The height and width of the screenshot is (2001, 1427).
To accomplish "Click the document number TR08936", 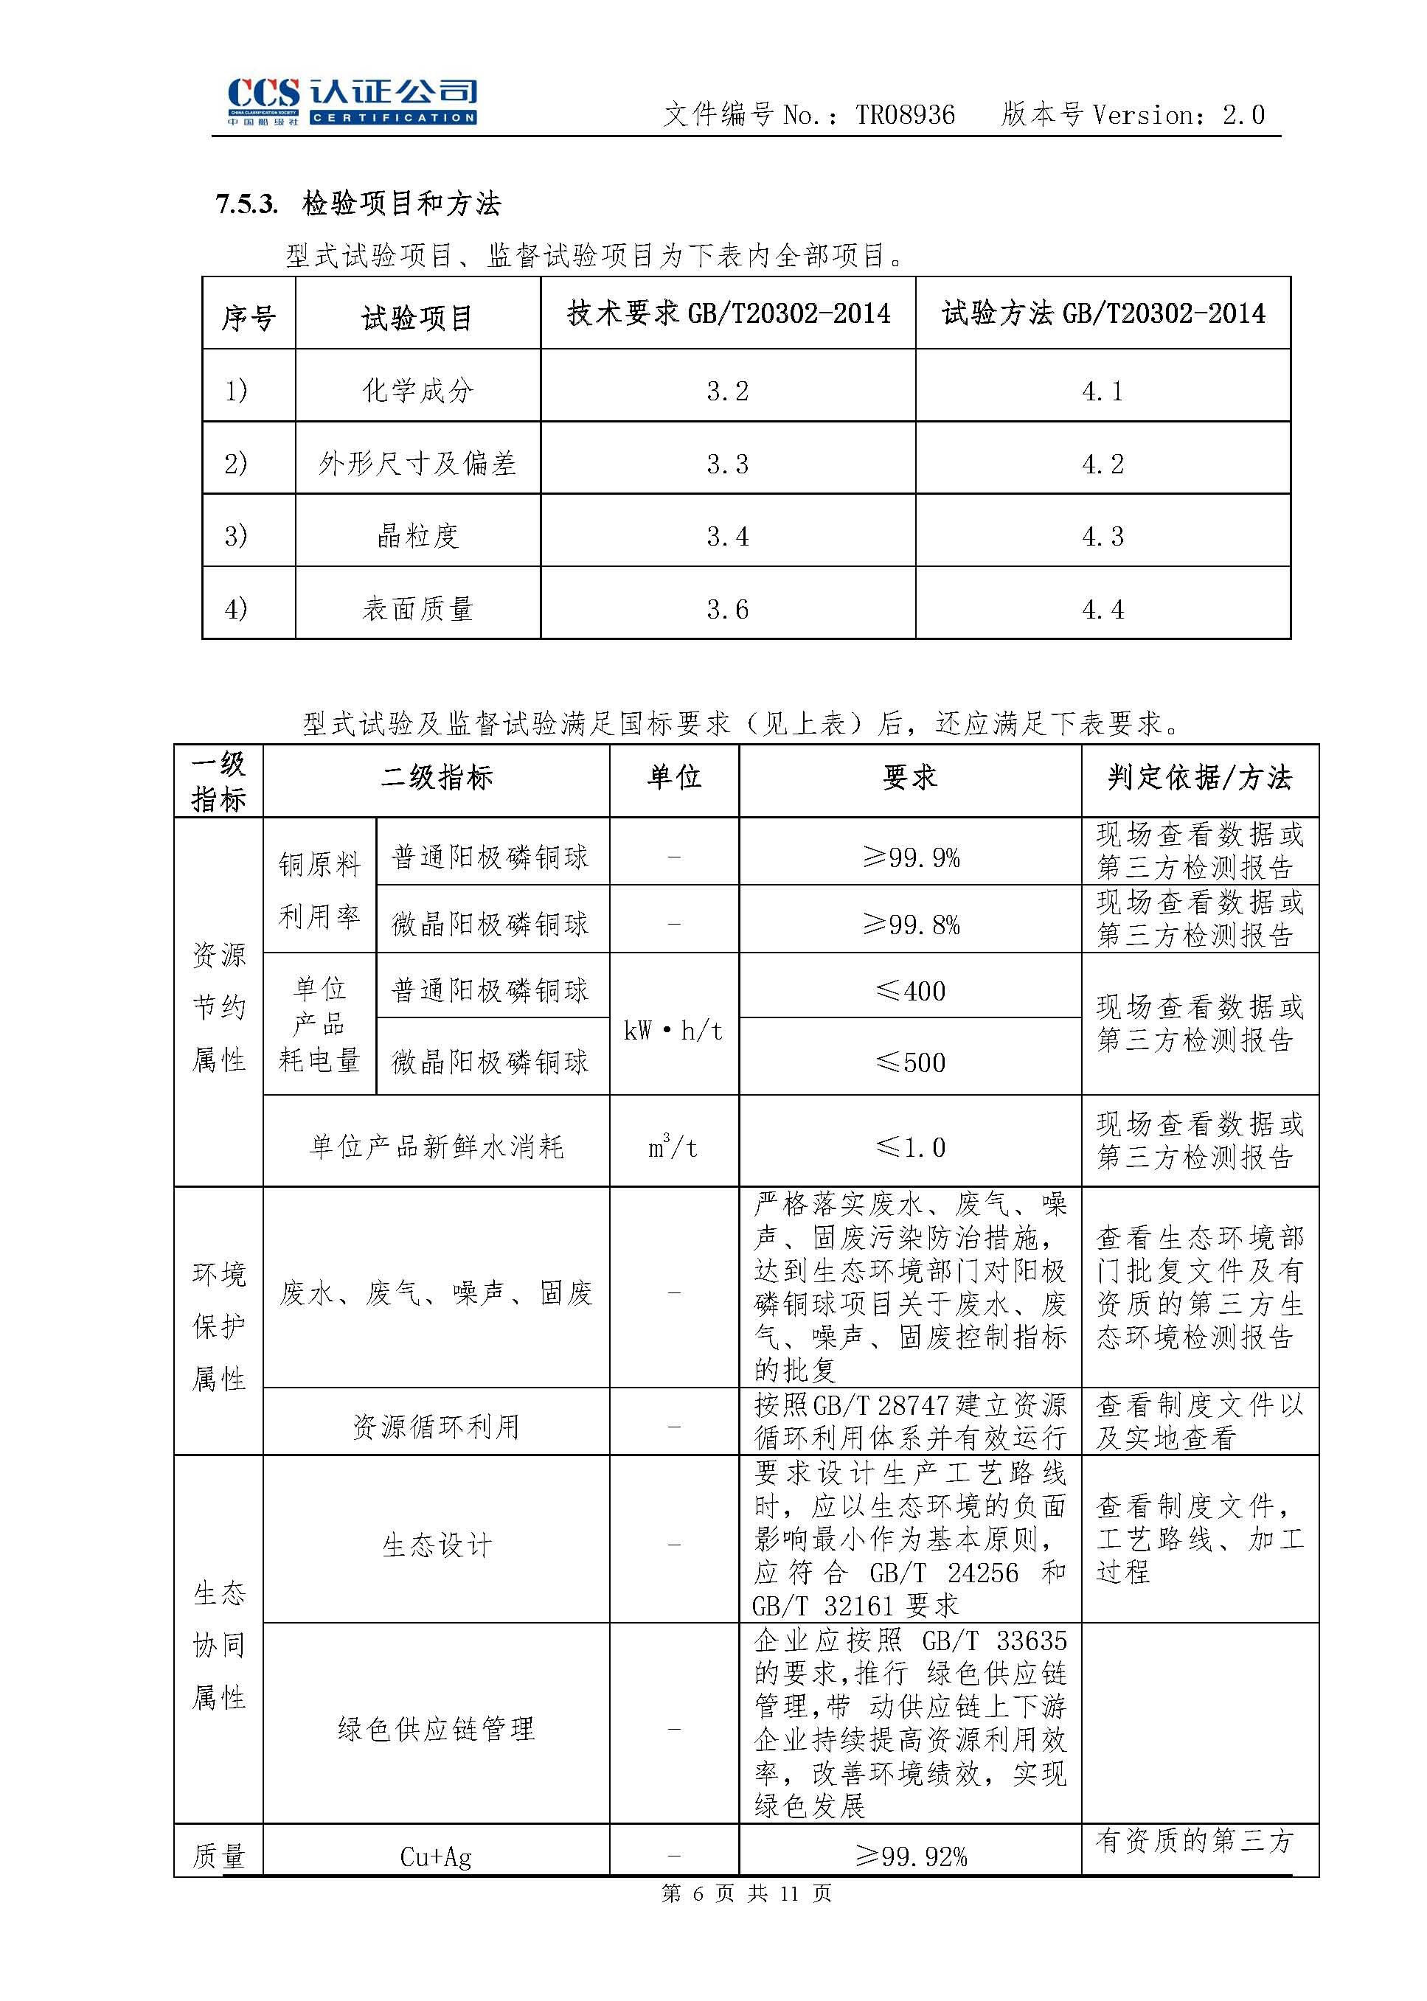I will coord(904,115).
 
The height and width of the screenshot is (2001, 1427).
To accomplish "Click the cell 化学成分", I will coord(417,390).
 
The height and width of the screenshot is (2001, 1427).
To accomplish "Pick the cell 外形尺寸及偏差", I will coord(417,463).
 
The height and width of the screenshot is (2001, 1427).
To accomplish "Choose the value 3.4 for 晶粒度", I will coord(728,536).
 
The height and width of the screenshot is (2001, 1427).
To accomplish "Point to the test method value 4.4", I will coord(1103,609).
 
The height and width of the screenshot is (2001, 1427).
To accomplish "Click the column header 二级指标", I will coord(436,777).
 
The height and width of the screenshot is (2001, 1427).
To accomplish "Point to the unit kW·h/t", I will coord(673,1031).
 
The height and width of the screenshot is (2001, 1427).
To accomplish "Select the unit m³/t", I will coord(673,1146).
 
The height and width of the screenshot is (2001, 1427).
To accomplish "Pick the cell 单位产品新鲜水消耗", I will coord(436,1146).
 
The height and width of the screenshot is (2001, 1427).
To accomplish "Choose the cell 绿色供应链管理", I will coord(436,1729).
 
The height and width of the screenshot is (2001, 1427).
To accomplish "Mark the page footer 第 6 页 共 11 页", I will coord(746,1893).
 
